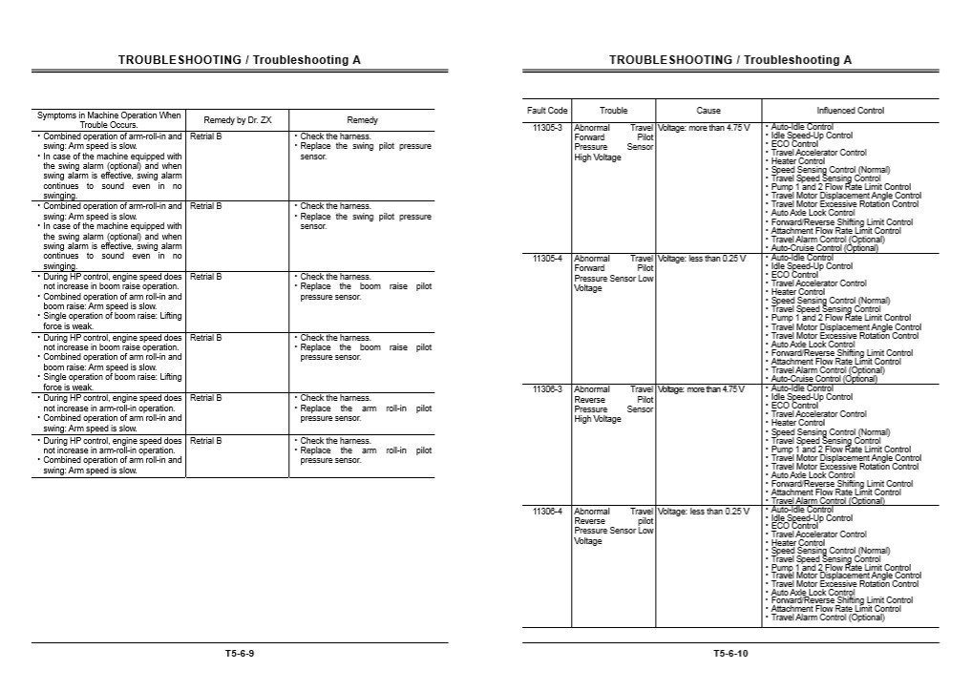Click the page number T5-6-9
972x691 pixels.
pyautogui.click(x=240, y=654)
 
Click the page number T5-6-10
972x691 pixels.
pyautogui.click(x=730, y=654)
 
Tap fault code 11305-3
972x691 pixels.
pyautogui.click(x=547, y=127)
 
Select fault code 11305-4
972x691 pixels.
pyautogui.click(x=547, y=258)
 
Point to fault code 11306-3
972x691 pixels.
pyautogui.click(x=547, y=388)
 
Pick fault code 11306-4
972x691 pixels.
pyautogui.click(x=547, y=511)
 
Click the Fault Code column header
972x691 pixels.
pyautogui.click(x=547, y=111)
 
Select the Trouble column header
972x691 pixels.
pyautogui.click(x=614, y=111)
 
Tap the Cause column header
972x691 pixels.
pyautogui.click(x=708, y=111)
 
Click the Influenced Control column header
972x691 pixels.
pyautogui.click(x=850, y=111)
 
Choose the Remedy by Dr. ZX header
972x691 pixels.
pyautogui.click(x=238, y=120)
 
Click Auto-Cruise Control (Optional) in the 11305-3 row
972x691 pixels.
pyautogui.click(x=811, y=248)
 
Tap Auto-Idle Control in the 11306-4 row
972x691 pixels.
pyautogui.click(x=801, y=510)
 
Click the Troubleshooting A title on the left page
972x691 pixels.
pyautogui.click(x=240, y=60)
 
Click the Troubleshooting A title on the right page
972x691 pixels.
pyautogui.click(x=730, y=60)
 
